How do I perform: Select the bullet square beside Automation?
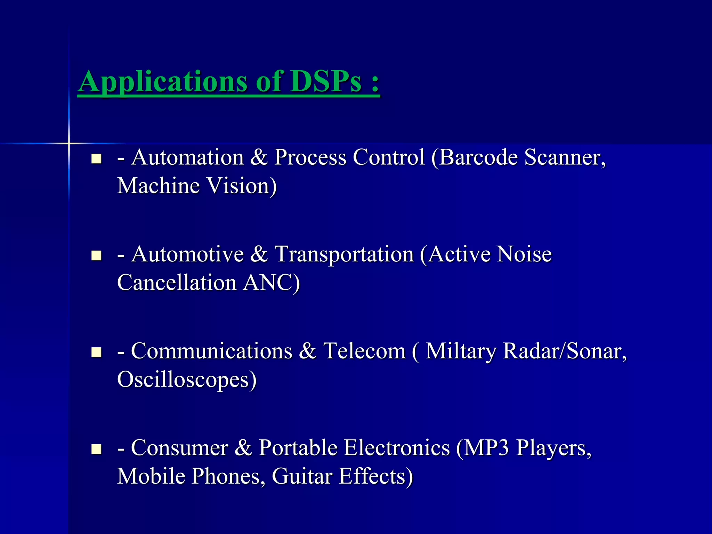coord(96,159)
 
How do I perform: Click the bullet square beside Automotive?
coord(96,256)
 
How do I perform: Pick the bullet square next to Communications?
coord(96,353)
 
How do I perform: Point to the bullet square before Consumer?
coord(96,449)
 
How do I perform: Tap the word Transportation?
coord(344,254)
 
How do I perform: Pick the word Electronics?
coord(397,448)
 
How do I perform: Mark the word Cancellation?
coord(177,282)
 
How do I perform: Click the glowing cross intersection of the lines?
coord(69,143)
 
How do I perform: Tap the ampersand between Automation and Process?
coord(259,157)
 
